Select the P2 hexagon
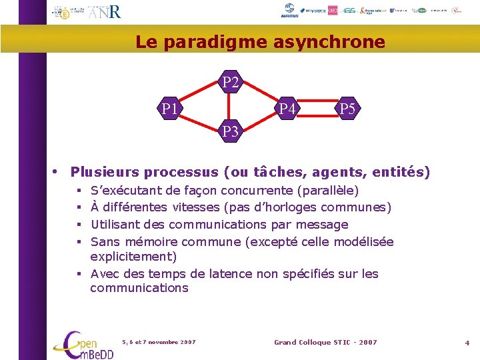pos(231,83)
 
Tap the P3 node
pos(231,131)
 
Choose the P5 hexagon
pos(347,108)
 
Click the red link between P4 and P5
pos(318,108)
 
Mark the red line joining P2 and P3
pos(231,107)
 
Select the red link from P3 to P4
pos(260,120)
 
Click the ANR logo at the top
pos(105,12)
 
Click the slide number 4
pos(467,343)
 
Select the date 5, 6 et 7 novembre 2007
pos(159,342)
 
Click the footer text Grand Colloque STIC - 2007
pos(325,342)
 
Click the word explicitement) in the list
pos(133,257)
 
